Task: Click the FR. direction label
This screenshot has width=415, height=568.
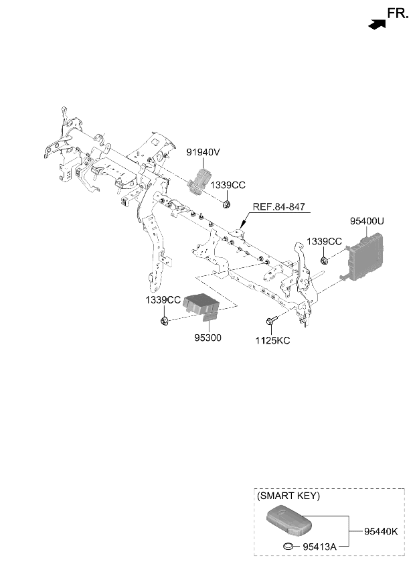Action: click(398, 14)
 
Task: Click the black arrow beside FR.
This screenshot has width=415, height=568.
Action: click(377, 24)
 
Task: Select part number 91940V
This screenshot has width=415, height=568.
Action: click(203, 153)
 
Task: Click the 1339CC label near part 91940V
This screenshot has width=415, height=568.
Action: click(228, 185)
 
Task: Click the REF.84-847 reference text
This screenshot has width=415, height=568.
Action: click(279, 207)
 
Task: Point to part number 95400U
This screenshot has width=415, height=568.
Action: click(367, 221)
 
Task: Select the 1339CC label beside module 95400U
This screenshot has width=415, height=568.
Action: click(324, 241)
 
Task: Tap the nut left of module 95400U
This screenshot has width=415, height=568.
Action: click(325, 260)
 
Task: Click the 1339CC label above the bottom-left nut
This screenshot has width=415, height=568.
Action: click(163, 300)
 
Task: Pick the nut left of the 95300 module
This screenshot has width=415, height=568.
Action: click(164, 320)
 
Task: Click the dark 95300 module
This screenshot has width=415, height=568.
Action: click(201, 305)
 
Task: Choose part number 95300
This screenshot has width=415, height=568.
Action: click(208, 338)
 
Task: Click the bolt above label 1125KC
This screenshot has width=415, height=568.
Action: click(272, 320)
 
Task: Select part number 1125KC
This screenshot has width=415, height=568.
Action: click(272, 341)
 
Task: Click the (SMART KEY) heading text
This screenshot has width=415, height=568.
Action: click(288, 496)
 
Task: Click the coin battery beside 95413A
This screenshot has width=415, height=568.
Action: click(288, 545)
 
